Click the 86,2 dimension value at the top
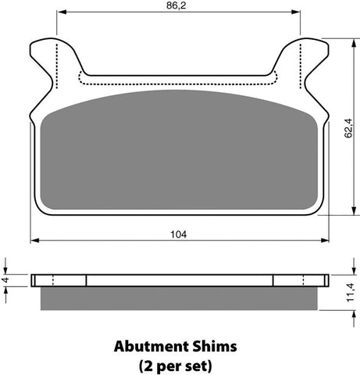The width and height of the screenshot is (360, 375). click(179, 5)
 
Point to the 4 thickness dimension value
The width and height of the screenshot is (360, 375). click(5, 280)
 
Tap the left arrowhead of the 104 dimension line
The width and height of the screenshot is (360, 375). click(34, 241)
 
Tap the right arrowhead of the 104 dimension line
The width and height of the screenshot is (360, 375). click(325, 241)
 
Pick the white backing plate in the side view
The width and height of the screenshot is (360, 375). click(179, 280)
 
